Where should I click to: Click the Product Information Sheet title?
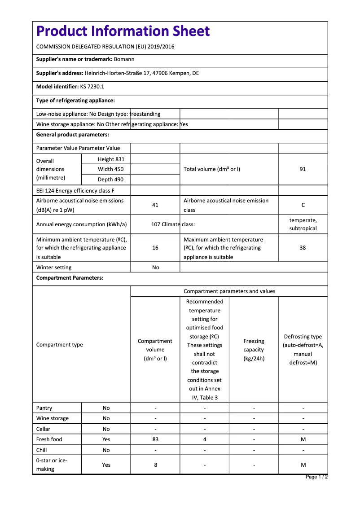[123, 31]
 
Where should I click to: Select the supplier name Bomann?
[124, 59]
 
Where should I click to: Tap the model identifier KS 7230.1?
[92, 87]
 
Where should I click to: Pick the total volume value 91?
[303, 169]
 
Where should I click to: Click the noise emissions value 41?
[155, 205]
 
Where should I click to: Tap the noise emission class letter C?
[303, 205]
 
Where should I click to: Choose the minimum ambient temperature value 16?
[155, 248]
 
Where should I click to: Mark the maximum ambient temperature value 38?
[303, 248]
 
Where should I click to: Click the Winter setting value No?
[155, 268]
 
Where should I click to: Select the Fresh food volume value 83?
[155, 439]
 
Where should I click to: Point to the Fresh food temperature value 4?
[205, 439]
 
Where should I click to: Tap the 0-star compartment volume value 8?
[155, 465]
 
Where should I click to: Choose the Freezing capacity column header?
[254, 350]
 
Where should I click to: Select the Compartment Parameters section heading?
[70, 278]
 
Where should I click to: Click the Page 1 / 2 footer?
[316, 477]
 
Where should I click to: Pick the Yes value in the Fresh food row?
[106, 439]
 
